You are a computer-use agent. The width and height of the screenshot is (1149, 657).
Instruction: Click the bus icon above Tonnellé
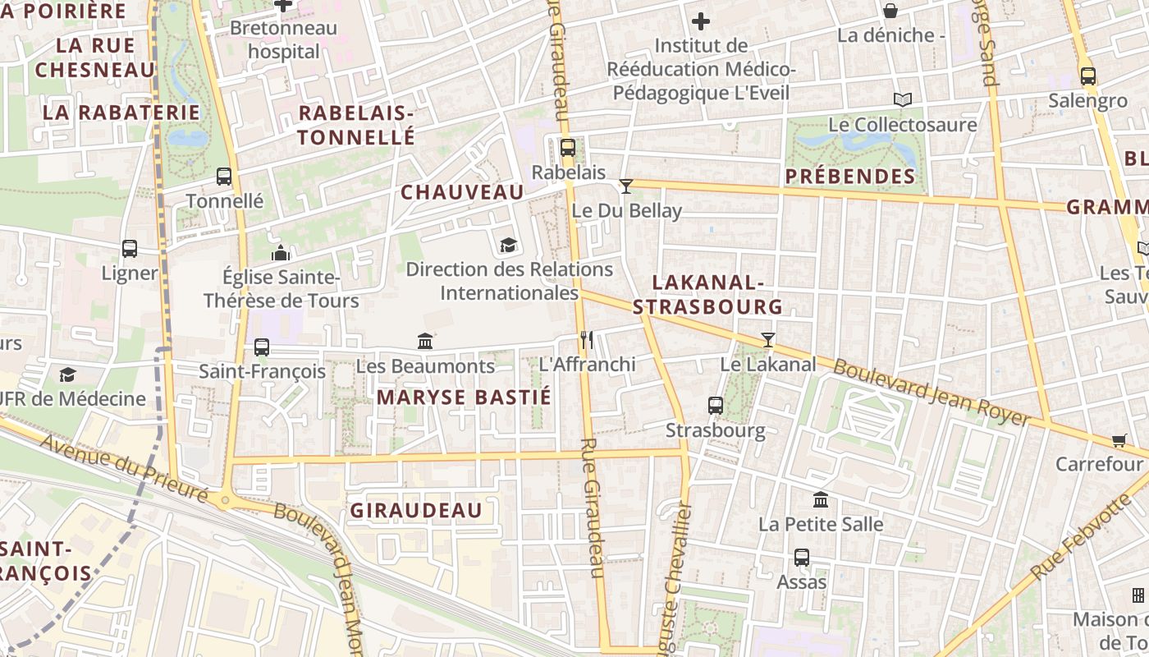click(223, 176)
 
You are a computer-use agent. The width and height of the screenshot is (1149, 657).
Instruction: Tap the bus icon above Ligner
click(130, 248)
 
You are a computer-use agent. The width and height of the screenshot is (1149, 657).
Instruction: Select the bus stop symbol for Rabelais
click(567, 148)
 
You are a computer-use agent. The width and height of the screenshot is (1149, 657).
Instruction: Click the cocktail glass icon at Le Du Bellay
click(625, 186)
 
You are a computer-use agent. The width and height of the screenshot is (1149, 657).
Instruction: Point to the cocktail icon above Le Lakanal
click(767, 339)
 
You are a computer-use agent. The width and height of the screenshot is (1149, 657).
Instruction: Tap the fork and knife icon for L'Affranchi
click(586, 339)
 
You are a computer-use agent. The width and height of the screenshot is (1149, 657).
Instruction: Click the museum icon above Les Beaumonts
click(425, 341)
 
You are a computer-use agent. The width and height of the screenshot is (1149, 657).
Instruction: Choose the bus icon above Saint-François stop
click(262, 347)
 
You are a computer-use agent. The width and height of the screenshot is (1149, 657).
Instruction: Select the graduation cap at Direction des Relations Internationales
click(508, 245)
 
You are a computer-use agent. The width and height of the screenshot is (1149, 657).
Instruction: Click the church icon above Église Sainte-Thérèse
click(281, 252)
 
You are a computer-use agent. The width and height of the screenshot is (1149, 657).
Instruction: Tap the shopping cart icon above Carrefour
click(1119, 440)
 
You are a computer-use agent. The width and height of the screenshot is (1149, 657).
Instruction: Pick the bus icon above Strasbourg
click(715, 405)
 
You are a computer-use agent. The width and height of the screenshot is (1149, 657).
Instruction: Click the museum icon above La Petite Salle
click(820, 499)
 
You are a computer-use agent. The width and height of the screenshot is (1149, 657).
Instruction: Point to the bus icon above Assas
click(802, 558)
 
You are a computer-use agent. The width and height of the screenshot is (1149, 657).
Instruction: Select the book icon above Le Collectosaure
click(902, 99)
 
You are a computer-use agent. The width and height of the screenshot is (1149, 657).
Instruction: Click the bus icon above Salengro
click(1087, 76)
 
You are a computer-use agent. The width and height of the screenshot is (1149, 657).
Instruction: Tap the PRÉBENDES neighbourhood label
click(849, 177)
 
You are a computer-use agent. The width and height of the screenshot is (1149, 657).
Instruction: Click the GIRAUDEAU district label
click(416, 511)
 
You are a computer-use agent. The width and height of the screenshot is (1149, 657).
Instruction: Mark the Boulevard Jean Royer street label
click(931, 393)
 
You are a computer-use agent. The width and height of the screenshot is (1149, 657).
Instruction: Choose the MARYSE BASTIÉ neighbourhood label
click(464, 398)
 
